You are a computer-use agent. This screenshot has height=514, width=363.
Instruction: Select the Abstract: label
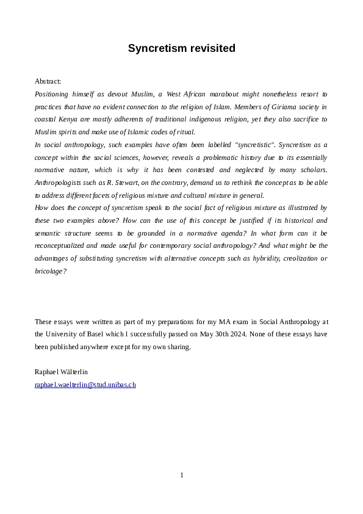click(x=48, y=81)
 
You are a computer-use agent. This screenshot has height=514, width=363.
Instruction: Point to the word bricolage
click(x=49, y=271)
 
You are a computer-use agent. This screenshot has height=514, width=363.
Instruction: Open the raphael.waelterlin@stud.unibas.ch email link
click(x=85, y=385)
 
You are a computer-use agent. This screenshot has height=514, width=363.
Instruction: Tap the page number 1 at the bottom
click(x=182, y=475)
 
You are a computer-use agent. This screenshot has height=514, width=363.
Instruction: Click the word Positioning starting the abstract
click(x=53, y=94)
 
